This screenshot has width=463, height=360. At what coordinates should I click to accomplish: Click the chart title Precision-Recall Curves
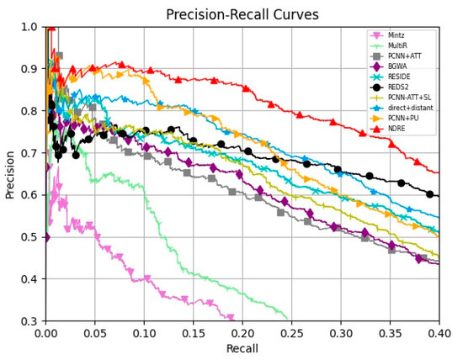[242, 14]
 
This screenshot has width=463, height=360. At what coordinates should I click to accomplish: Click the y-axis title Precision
[11, 174]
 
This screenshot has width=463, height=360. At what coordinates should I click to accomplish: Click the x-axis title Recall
[242, 348]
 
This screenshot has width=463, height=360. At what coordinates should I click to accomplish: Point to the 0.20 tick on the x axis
[242, 333]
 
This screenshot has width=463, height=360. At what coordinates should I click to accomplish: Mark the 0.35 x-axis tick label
[390, 333]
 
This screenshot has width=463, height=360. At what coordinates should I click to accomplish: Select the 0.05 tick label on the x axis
[94, 333]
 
